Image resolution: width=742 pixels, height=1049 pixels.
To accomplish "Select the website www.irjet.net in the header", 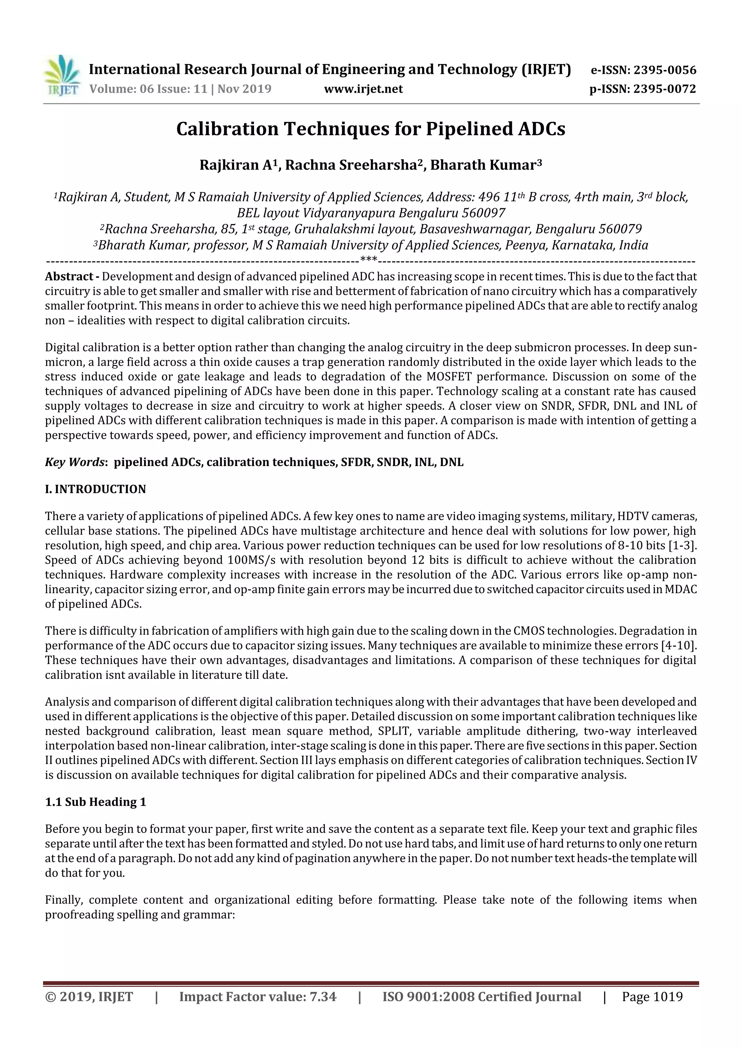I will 363,89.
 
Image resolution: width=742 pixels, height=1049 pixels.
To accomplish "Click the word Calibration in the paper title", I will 227,129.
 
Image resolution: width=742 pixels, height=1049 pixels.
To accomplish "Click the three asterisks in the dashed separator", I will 368,260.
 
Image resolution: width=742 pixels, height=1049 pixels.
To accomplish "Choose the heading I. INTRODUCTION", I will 95,489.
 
